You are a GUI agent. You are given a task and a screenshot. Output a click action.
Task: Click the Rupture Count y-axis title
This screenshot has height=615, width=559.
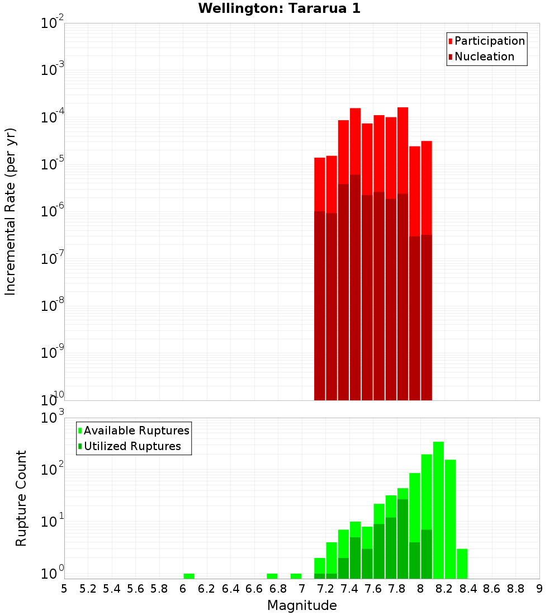(21, 498)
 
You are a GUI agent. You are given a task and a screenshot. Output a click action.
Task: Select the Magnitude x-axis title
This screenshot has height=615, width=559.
(302, 605)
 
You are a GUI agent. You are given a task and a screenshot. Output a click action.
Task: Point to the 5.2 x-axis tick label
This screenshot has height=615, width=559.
(88, 589)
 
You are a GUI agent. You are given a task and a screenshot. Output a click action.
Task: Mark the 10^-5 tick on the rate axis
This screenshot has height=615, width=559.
(53, 164)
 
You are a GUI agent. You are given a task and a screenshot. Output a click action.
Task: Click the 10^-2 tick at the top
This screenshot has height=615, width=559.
(53, 23)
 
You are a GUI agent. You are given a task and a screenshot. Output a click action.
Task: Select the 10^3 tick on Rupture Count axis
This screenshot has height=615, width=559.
(53, 418)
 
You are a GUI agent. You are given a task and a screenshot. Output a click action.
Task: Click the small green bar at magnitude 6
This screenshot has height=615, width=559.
(189, 576)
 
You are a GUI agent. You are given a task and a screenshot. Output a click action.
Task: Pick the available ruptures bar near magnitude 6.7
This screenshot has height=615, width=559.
(272, 576)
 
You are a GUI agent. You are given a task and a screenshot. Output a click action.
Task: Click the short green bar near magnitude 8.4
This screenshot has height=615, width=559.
(462, 564)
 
